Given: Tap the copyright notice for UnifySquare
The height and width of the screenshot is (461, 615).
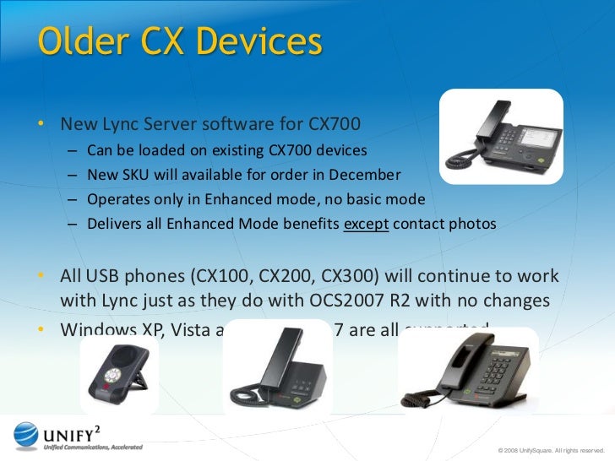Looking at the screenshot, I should pos(552,450).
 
